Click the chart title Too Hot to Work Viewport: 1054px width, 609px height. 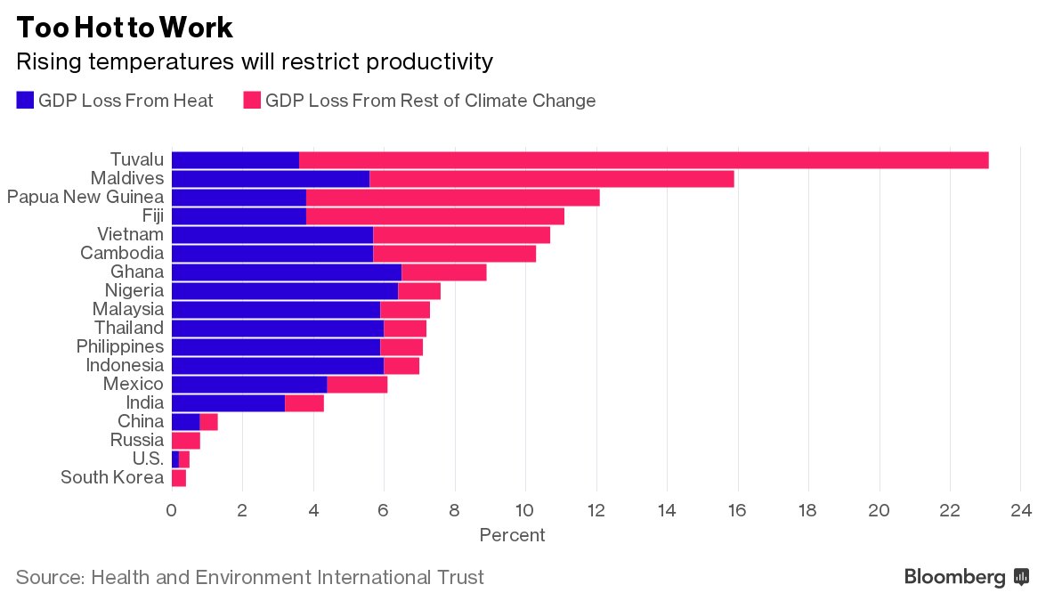(125, 28)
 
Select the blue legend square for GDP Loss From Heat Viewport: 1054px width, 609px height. (25, 101)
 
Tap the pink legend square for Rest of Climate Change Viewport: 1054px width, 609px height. (252, 101)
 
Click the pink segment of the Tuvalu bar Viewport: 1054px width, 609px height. (644, 160)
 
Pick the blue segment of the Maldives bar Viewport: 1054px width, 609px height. (270, 179)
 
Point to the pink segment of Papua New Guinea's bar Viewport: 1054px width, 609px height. (452, 198)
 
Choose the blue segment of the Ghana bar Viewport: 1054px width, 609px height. (286, 272)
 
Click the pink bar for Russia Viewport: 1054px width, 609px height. (185, 440)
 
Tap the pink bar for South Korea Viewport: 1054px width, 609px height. (178, 477)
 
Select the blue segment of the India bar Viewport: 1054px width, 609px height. (228, 402)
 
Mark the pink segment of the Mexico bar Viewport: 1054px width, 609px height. (357, 384)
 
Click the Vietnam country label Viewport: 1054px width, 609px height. (130, 234)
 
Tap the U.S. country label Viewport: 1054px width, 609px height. (146, 459)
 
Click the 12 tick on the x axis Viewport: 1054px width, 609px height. (596, 511)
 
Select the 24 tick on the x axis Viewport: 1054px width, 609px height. (1021, 511)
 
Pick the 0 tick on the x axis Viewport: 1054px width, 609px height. (171, 511)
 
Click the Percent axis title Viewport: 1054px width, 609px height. (512, 535)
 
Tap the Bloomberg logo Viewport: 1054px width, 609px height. (966, 577)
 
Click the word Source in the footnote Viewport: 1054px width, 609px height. (49, 577)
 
